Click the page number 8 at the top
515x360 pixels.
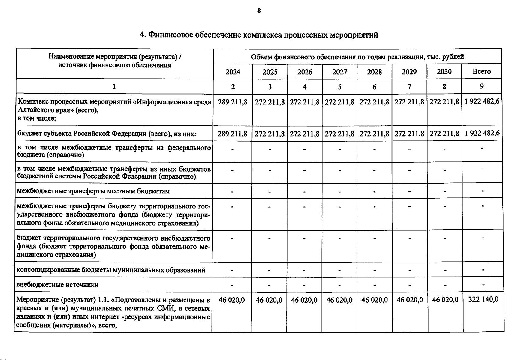(259, 11)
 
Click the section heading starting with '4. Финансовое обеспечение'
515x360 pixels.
(259, 35)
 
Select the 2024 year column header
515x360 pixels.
(233, 72)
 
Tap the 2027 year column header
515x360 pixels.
(339, 72)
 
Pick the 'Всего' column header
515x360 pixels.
(482, 71)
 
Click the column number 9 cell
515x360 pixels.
(482, 86)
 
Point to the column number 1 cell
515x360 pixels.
(114, 87)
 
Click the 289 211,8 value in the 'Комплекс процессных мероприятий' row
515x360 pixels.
(233, 102)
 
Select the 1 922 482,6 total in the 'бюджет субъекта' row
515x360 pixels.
(482, 133)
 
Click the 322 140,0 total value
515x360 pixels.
(483, 299)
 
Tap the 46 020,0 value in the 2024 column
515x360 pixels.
(232, 300)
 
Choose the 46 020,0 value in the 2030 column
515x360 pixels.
(445, 300)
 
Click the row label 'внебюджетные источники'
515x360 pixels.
(57, 285)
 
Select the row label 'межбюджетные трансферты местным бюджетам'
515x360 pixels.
(93, 191)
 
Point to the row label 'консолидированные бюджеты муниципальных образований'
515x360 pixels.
(111, 270)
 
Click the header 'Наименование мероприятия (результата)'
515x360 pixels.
(115, 57)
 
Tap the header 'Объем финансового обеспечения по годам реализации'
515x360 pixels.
(357, 57)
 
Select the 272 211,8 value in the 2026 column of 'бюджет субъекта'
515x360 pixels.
(305, 133)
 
